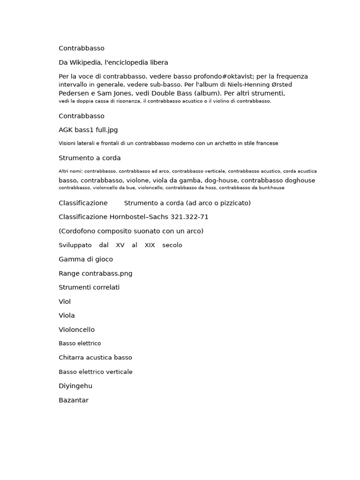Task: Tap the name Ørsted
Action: click(x=280, y=85)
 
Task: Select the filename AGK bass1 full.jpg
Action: click(x=88, y=130)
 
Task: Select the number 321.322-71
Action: click(x=189, y=217)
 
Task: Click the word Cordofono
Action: click(x=78, y=231)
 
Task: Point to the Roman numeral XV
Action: click(x=120, y=245)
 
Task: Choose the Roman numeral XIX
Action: click(x=150, y=245)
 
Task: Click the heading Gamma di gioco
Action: click(x=86, y=259)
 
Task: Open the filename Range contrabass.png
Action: click(x=96, y=273)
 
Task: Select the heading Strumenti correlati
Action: click(x=89, y=287)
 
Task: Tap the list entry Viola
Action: click(x=67, y=315)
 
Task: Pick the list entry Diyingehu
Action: click(x=75, y=386)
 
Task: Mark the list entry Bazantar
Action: click(x=74, y=400)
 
